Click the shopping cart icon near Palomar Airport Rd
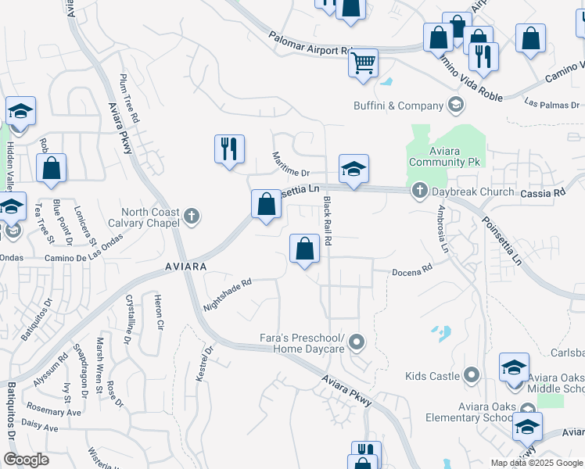click(363, 63)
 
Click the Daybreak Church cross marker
click(419, 191)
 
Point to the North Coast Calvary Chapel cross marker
click(192, 215)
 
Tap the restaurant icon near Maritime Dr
click(229, 148)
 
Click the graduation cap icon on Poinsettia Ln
click(354, 168)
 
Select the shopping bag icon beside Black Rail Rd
click(304, 249)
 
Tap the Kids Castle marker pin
click(471, 376)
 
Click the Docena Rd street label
click(412, 270)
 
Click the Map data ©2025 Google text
click(537, 463)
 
